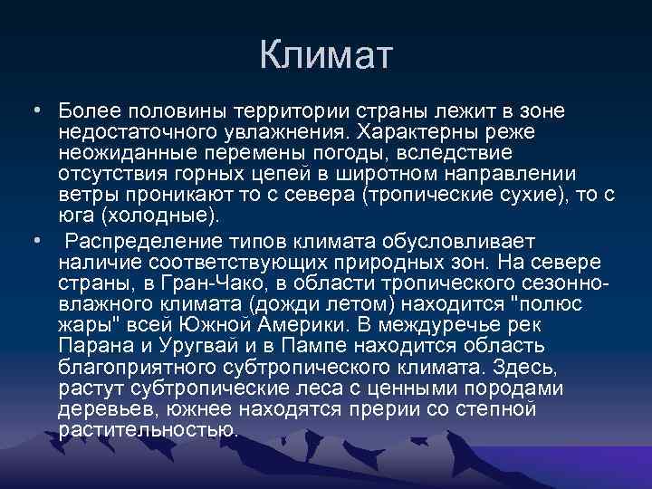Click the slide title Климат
click(x=326, y=55)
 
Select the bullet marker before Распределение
click(x=34, y=241)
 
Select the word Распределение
click(x=158, y=241)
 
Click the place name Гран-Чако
click(x=197, y=283)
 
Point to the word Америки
click(x=314, y=325)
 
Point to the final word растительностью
click(x=149, y=431)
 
